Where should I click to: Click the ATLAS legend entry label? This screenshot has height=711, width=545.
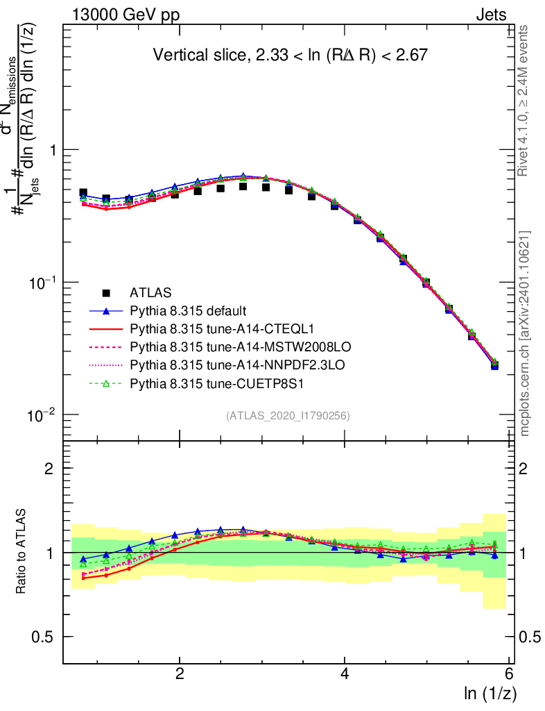[x=150, y=292]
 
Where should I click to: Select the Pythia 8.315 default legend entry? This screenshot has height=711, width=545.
[x=188, y=310]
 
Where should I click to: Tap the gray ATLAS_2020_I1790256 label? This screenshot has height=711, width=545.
[x=287, y=416]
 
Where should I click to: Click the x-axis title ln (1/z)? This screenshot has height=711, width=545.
[x=491, y=692]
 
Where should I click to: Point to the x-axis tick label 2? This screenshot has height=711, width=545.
[x=180, y=674]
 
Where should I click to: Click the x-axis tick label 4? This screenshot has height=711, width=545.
[x=345, y=674]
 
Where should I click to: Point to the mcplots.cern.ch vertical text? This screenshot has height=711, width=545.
[x=525, y=333]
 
